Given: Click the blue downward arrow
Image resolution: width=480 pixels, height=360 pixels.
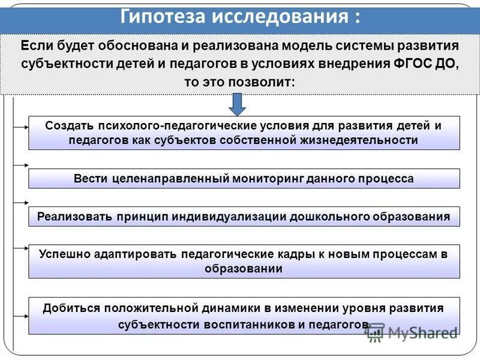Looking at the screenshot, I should click(x=238, y=103).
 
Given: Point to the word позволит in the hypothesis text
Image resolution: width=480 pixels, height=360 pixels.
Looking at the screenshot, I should click(x=268, y=81).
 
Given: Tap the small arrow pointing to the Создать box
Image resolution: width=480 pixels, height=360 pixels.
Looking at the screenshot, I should click(x=22, y=127).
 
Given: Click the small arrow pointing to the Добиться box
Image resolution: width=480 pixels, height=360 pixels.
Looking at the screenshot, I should click(x=22, y=316).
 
